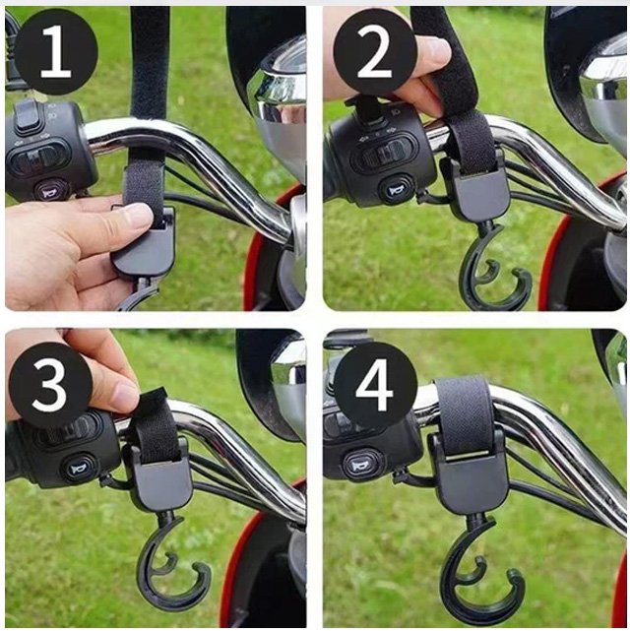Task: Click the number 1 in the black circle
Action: (x=55, y=51)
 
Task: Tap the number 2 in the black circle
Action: (x=374, y=51)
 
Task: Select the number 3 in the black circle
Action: (x=50, y=384)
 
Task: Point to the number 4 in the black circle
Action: (x=374, y=384)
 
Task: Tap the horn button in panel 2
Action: (x=396, y=190)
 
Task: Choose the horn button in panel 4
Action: (x=360, y=466)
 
